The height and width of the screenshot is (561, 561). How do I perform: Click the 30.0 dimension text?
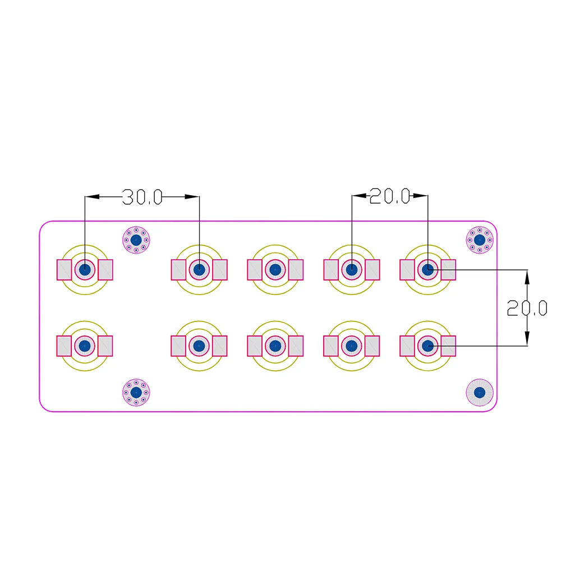point(142,197)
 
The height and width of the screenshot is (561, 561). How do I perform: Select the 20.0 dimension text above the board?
point(390,196)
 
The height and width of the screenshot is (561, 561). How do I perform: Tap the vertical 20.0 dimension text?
point(527,308)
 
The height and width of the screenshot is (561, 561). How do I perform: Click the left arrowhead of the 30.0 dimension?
point(92,196)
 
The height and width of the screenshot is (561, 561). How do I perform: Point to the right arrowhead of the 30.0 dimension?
point(192,196)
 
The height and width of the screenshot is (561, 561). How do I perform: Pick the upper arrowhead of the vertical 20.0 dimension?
point(527,277)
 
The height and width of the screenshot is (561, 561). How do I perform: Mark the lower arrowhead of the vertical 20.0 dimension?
point(527,338)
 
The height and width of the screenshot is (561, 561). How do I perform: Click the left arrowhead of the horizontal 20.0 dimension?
point(359,195)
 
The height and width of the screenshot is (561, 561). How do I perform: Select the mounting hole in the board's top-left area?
point(136,240)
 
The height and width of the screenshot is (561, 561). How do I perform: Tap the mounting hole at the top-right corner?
point(480,240)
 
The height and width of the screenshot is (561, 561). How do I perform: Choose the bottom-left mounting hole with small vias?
point(136,393)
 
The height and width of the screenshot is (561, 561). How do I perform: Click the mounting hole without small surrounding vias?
point(480,393)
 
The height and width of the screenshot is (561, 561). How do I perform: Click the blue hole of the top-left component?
point(85,269)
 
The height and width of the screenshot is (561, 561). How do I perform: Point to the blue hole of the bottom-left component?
point(85,346)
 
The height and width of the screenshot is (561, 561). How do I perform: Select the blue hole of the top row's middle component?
point(275,269)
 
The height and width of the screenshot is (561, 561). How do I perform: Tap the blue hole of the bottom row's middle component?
point(275,346)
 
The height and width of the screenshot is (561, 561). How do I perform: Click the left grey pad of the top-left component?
point(65,270)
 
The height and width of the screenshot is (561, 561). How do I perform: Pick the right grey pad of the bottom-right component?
point(448,346)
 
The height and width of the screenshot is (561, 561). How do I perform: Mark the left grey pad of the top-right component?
point(407,270)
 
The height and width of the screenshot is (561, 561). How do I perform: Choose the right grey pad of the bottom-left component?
point(105,346)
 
